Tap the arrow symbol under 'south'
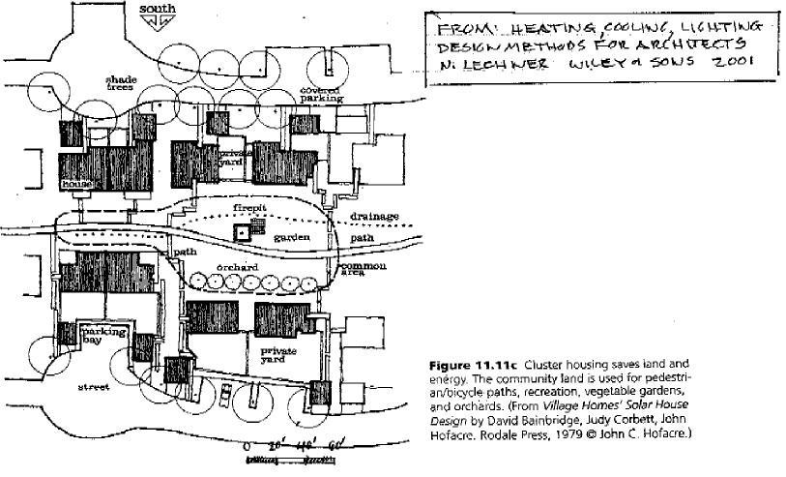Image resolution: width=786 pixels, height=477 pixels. tap(158, 21)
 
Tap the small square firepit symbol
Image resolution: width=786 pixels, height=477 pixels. tap(239, 232)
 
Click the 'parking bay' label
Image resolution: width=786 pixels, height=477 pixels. tap(102, 334)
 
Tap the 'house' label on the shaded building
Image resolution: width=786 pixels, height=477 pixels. tap(75, 182)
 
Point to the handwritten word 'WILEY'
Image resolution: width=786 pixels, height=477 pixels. tap(624, 64)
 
